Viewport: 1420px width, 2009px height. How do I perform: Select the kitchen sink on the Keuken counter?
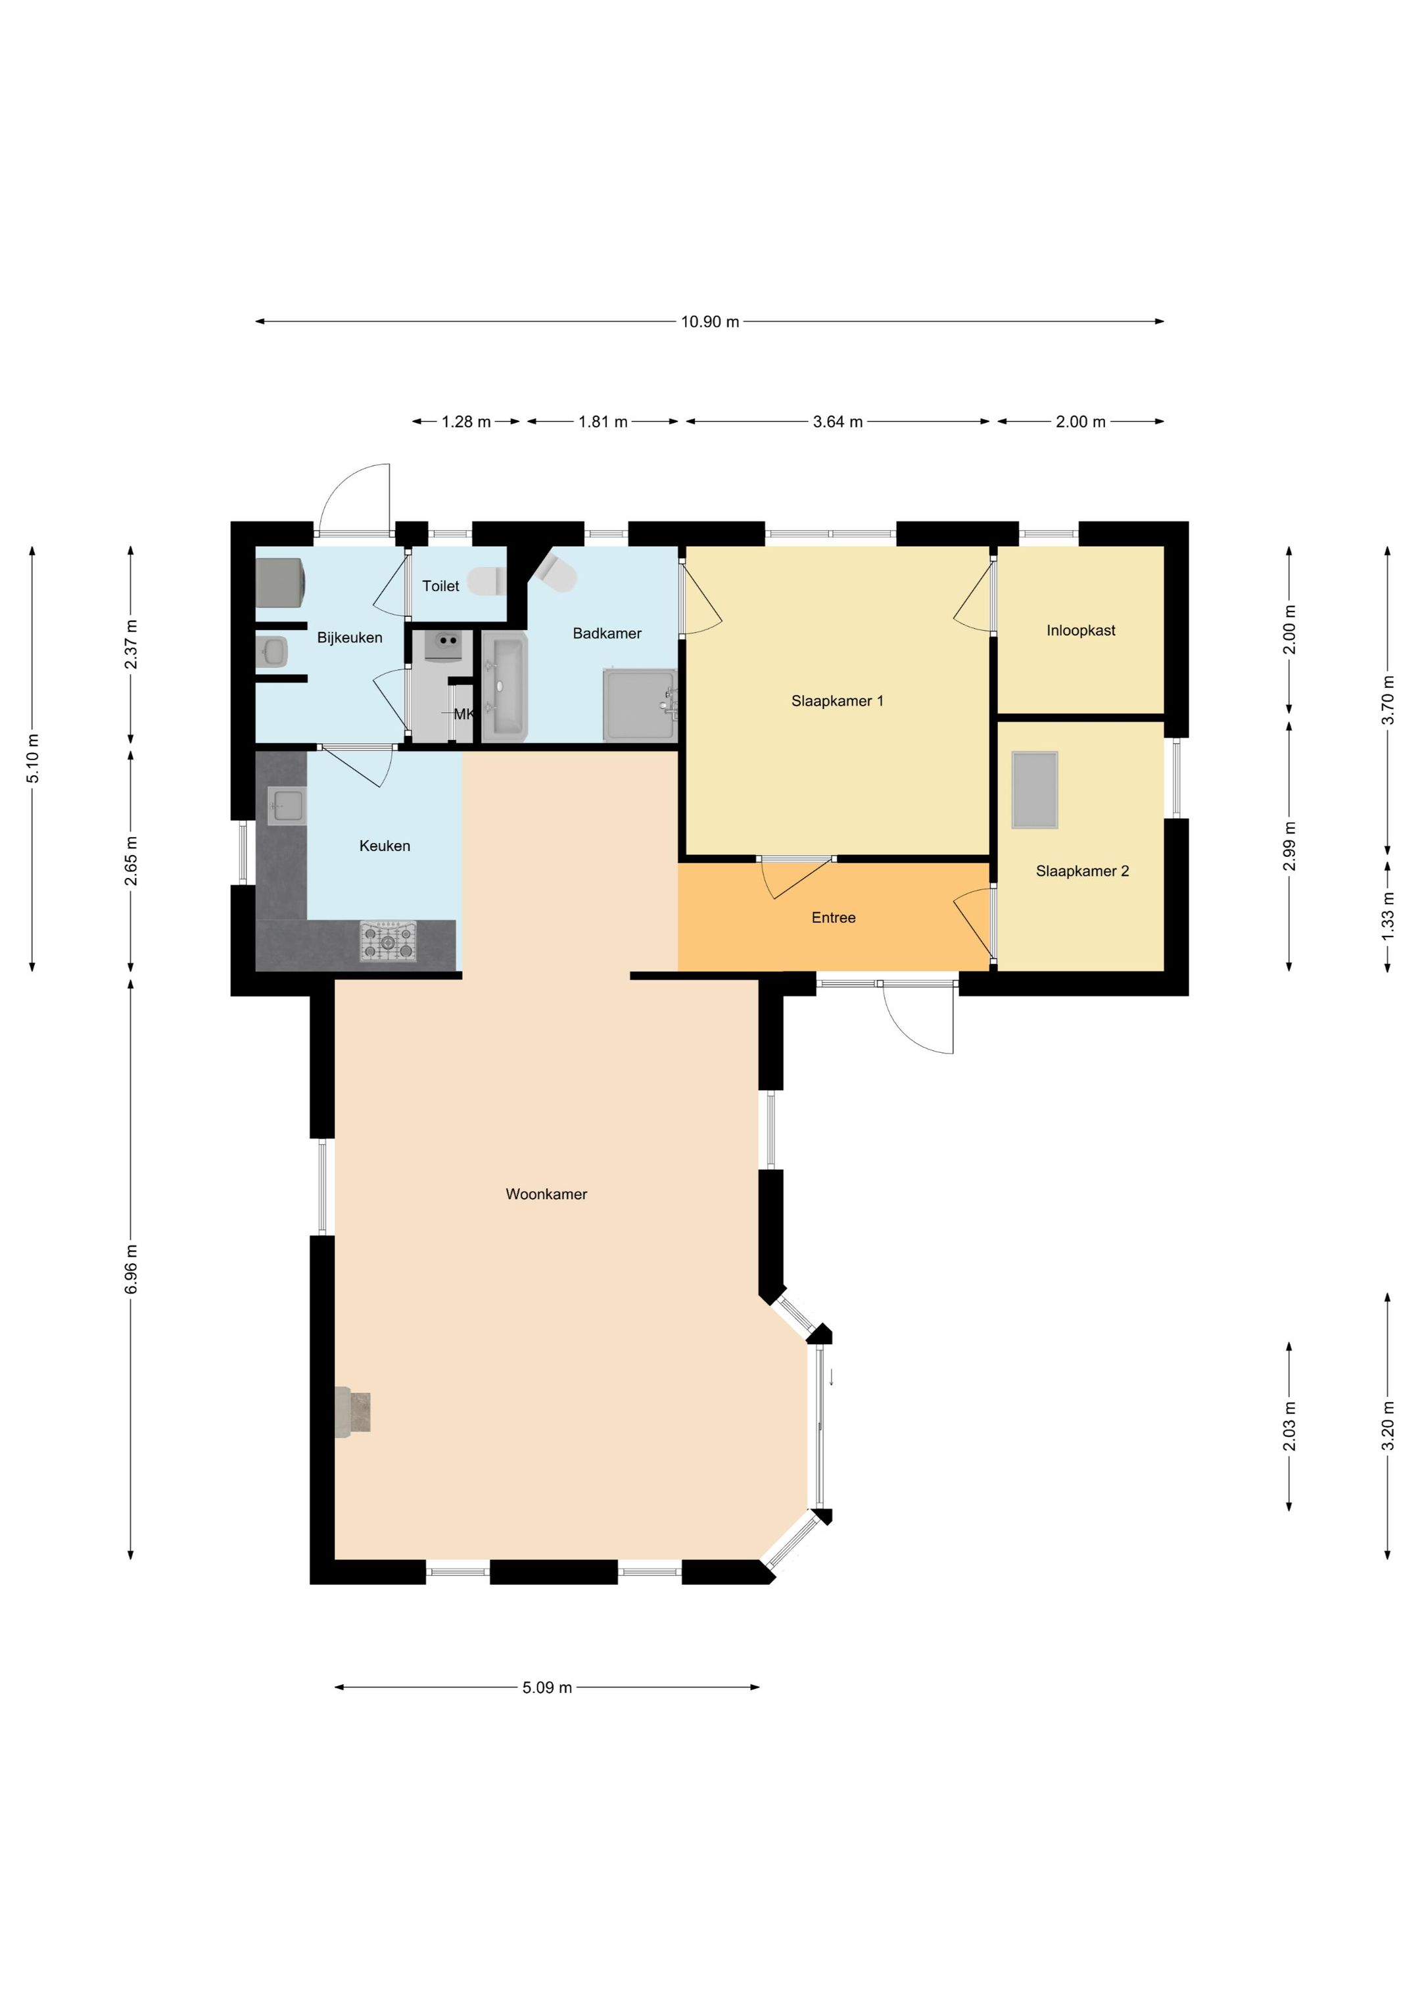(x=286, y=805)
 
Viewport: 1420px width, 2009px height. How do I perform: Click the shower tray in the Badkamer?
(x=640, y=704)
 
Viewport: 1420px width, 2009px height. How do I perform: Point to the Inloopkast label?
(x=1081, y=630)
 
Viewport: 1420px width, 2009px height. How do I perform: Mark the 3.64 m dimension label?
(x=838, y=422)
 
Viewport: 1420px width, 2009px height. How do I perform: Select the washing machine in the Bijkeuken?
(x=280, y=582)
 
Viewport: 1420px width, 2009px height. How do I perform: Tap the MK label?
(x=463, y=714)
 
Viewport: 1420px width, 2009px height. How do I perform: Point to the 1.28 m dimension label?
(x=465, y=422)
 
